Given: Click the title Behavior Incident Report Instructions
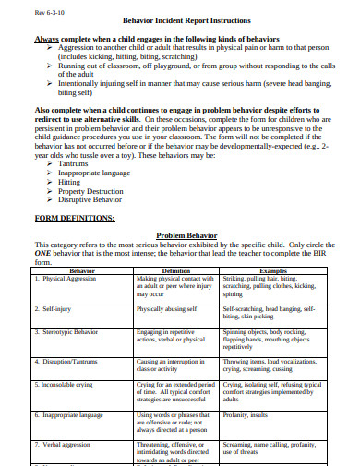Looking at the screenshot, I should click(x=180, y=19).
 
